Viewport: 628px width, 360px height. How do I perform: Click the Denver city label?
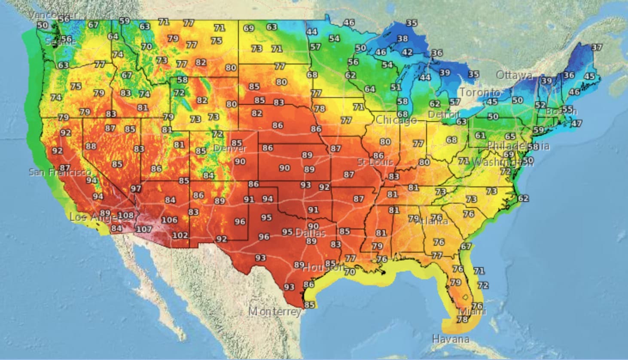point(230,149)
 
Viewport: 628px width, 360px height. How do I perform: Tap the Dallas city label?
point(310,233)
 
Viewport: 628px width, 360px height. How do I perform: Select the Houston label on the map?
point(323,268)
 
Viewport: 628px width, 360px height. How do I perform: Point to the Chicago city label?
point(396,120)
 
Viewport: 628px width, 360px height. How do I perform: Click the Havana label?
point(451,339)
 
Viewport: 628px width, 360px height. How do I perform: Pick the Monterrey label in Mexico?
point(275,311)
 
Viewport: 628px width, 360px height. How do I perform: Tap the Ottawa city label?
point(514,75)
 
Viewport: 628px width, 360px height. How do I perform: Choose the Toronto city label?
point(480,92)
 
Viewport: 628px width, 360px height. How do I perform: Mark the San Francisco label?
point(60,172)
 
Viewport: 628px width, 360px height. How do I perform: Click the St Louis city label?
point(375,162)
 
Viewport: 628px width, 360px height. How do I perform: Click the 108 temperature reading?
point(125,215)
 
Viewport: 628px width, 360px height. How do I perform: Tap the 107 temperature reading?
point(143,229)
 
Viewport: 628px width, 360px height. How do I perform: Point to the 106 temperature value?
point(169,220)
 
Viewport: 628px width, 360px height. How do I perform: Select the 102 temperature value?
point(180,235)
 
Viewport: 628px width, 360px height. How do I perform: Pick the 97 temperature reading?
point(136,189)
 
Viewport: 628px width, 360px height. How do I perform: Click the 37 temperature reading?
point(596,47)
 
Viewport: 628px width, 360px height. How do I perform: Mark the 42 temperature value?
point(407,52)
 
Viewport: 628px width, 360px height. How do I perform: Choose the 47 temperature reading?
point(576,124)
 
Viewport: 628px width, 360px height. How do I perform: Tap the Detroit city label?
point(444,115)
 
